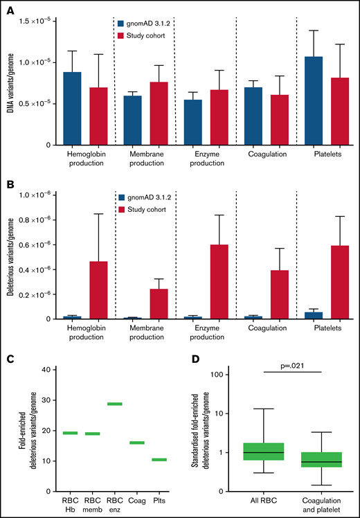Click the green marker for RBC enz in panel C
(x=114, y=404)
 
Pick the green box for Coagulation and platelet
(x=321, y=460)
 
